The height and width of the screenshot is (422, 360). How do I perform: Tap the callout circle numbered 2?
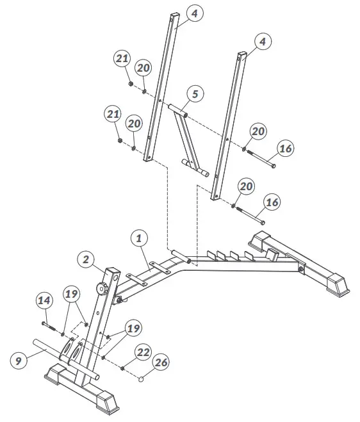85,259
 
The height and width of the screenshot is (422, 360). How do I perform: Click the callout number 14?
44,300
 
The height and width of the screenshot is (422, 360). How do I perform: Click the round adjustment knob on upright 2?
101,289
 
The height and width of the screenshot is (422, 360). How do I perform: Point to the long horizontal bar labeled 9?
51,350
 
